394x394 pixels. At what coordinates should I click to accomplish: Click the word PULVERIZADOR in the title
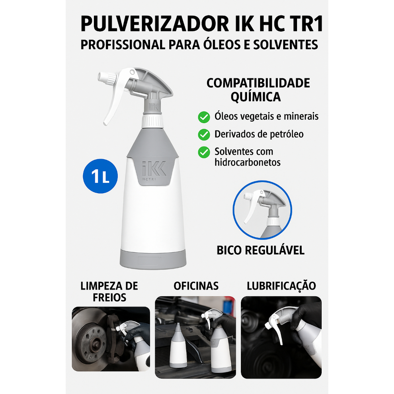pos(155,24)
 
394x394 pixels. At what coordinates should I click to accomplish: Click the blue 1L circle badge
pos(100,176)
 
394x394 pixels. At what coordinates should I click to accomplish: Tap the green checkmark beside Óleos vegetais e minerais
pos(204,117)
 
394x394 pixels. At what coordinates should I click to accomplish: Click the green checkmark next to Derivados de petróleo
pos(204,135)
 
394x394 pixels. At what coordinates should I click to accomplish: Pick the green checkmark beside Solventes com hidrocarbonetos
pos(204,152)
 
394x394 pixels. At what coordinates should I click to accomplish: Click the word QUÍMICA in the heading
pos(255,97)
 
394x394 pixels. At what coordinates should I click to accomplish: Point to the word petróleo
pos(287,134)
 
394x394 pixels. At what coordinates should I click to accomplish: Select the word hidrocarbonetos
pos(247,162)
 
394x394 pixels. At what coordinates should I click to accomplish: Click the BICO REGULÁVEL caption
pos(260,250)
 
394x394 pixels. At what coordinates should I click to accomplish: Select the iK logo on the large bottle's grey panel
pos(154,169)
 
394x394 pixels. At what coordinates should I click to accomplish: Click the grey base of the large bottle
pos(153,259)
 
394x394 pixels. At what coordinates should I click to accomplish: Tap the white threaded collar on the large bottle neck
pos(152,121)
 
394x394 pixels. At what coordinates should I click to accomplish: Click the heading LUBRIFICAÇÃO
pos(281,286)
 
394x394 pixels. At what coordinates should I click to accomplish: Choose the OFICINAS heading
pos(196,286)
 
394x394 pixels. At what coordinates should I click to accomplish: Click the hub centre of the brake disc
pos(96,341)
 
